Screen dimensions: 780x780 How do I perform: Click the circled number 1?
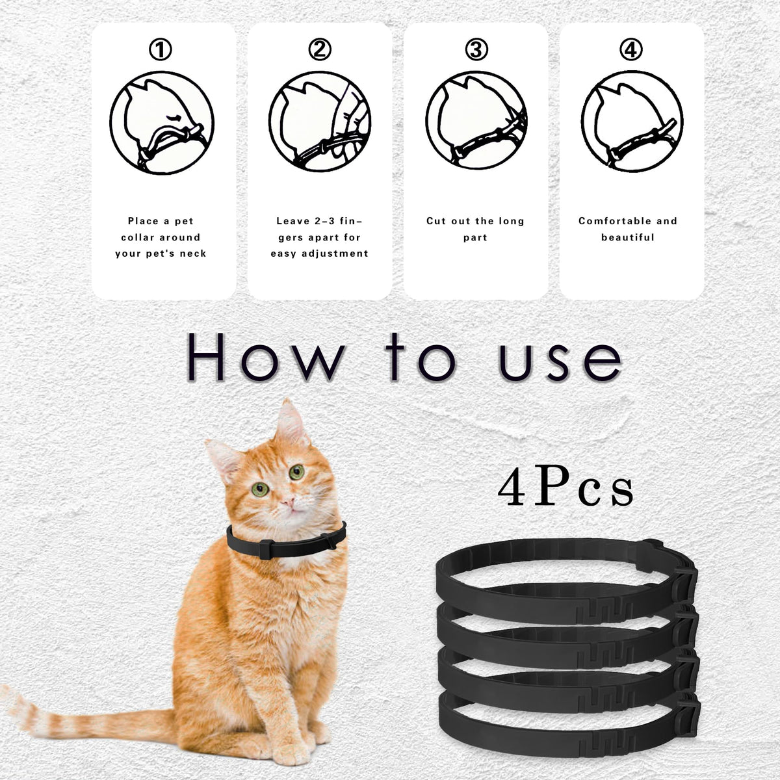click(161, 50)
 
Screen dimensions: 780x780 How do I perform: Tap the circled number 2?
click(320, 50)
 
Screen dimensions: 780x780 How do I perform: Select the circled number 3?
click(476, 50)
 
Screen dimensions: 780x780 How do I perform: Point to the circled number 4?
click(631, 50)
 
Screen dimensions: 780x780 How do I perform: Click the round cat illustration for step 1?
click(162, 123)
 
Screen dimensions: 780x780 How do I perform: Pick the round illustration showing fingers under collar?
click(320, 122)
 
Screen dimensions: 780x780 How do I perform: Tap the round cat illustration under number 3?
click(476, 122)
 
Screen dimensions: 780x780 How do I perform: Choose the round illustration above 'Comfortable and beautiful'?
click(632, 122)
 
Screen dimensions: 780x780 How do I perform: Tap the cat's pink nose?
click(288, 502)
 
